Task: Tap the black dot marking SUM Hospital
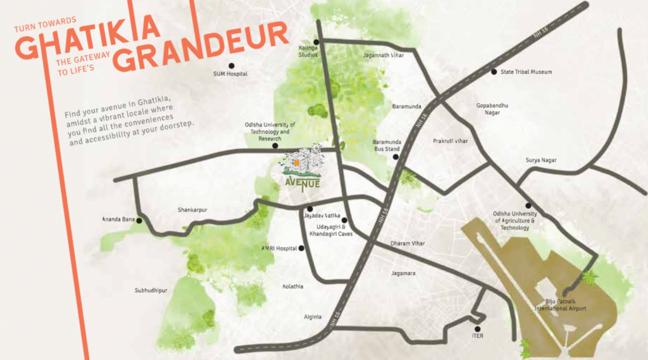coord(232,65)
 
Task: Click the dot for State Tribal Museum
coord(494,71)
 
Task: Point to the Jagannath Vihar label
coord(383,55)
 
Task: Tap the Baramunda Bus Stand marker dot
coord(396,157)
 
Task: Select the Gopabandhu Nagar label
coord(492,109)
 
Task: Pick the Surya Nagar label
coord(541,160)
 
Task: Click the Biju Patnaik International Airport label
coord(560,305)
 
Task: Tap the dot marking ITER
coord(478,328)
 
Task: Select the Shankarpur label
coord(193,210)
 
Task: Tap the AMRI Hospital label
coord(280,249)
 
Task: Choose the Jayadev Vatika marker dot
coord(310,209)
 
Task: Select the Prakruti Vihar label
coord(451,141)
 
